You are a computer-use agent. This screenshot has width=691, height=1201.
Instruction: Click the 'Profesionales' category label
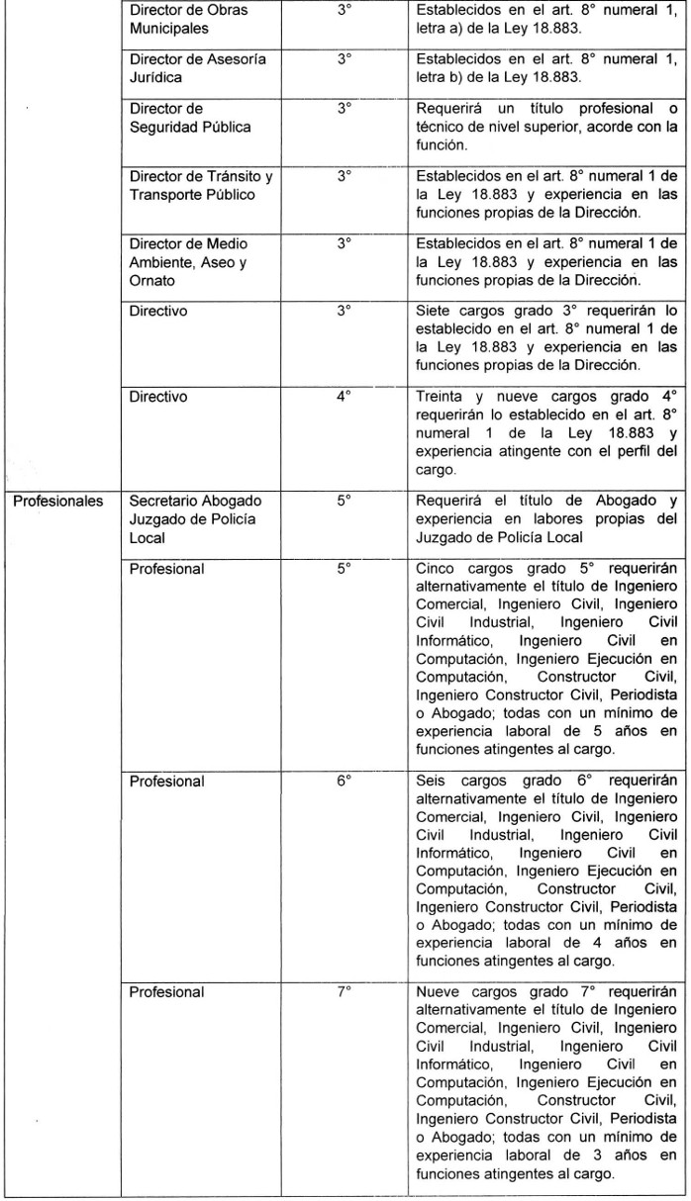pyautogui.click(x=57, y=501)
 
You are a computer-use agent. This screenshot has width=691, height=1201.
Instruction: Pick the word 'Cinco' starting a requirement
pyautogui.click(x=437, y=569)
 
